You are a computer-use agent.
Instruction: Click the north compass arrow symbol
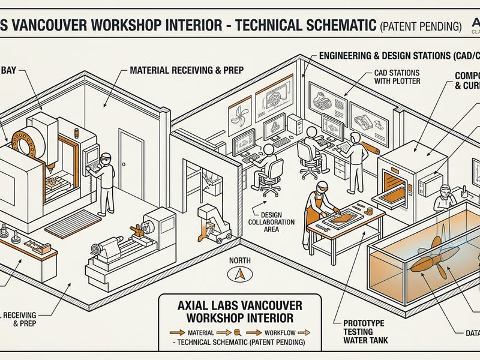click(240, 274)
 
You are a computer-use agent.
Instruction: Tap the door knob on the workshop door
click(124, 166)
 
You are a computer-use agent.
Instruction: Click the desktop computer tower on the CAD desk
click(294, 124)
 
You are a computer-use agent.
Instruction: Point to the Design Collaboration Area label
click(272, 222)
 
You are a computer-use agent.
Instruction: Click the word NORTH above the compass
click(240, 261)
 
